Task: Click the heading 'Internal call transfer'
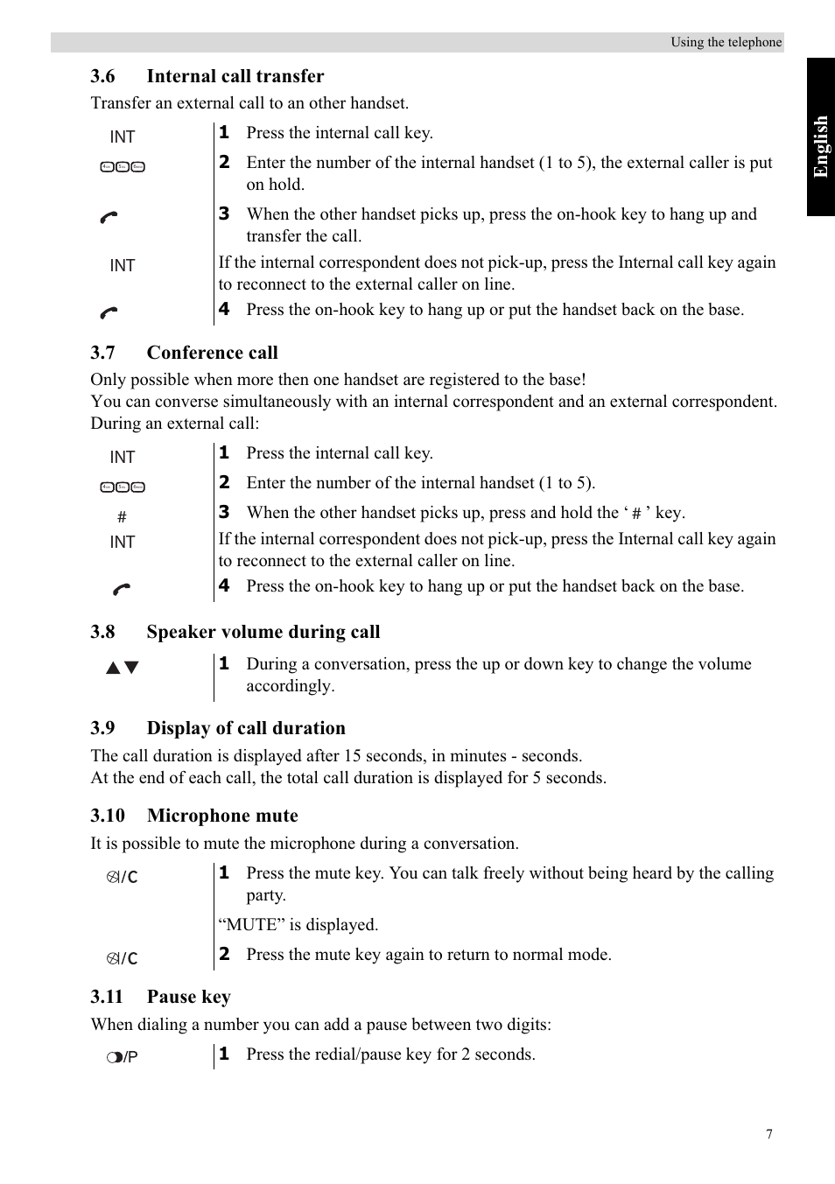tap(235, 76)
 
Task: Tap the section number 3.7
tap(102, 353)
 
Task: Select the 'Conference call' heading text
tap(212, 353)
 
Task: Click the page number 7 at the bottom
tap(769, 1134)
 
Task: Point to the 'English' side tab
tap(820, 146)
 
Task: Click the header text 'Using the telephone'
tap(726, 42)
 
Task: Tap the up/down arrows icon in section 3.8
tap(123, 668)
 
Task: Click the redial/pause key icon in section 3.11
tap(123, 1057)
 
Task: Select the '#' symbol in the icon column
tap(122, 517)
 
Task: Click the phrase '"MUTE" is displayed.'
tap(298, 925)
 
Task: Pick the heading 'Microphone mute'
tap(222, 816)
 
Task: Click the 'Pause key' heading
tap(188, 997)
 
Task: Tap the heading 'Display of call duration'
tap(246, 728)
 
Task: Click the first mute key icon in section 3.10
tap(123, 877)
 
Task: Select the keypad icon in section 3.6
tap(123, 167)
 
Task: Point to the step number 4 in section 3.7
tap(224, 585)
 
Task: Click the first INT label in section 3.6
tap(123, 137)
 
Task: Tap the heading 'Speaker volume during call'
tap(263, 632)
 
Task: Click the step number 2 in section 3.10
tap(224, 954)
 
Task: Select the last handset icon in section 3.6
tap(109, 312)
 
